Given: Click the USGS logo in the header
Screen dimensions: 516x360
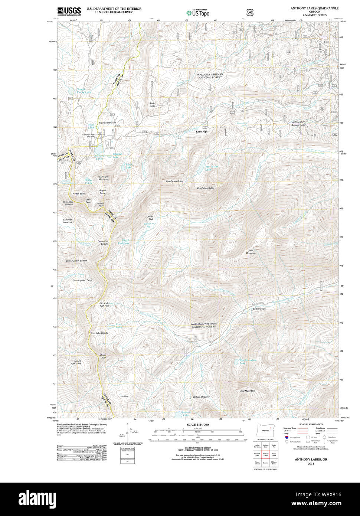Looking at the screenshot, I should (x=69, y=11).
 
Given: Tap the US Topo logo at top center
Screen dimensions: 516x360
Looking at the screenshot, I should (x=198, y=13).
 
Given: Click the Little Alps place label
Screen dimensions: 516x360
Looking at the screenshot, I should (x=202, y=132).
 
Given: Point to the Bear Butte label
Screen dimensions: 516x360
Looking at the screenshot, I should (x=152, y=105).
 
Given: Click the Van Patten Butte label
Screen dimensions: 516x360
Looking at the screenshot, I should (x=174, y=181).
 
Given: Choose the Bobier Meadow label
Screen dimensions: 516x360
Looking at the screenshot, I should (x=201, y=397).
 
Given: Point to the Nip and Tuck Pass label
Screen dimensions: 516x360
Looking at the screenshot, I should (x=104, y=304).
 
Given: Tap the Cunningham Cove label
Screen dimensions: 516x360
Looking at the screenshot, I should (x=82, y=280).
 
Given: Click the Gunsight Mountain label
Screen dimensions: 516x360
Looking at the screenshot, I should (x=104, y=178).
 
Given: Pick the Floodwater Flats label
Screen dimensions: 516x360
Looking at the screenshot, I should (x=108, y=123).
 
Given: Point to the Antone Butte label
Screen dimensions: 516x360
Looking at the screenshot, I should (x=298, y=125).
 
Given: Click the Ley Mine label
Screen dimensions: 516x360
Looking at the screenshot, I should (x=124, y=396).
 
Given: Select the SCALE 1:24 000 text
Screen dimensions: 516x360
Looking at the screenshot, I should (x=198, y=425).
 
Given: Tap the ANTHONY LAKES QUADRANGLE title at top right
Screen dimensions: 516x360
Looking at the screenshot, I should (x=314, y=8).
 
